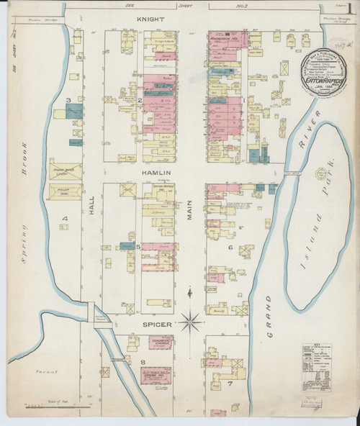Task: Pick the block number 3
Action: point(68,100)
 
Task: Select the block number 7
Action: point(230,383)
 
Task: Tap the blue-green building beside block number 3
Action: point(73,112)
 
